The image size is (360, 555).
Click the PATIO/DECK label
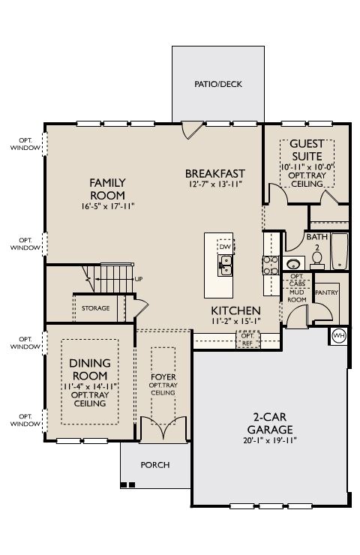[218, 84]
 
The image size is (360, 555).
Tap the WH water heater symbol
[339, 335]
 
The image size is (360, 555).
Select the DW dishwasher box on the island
[225, 247]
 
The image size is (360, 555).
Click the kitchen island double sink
[225, 265]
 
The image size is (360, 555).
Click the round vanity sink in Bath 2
[293, 264]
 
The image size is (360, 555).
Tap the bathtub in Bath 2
[339, 251]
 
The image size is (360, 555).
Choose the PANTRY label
[326, 292]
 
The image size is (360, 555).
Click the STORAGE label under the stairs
[95, 308]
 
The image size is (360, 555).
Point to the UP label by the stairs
[139, 279]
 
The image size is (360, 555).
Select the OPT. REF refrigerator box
[247, 340]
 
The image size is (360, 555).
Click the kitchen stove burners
[271, 265]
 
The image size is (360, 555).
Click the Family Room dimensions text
[108, 206]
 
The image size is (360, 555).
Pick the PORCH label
[155, 465]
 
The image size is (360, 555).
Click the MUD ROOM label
[297, 296]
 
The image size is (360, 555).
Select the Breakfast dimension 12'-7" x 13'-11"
[214, 184]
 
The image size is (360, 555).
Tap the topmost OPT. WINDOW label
[25, 145]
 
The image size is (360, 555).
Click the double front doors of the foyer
[163, 429]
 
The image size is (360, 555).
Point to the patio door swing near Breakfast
[191, 130]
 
